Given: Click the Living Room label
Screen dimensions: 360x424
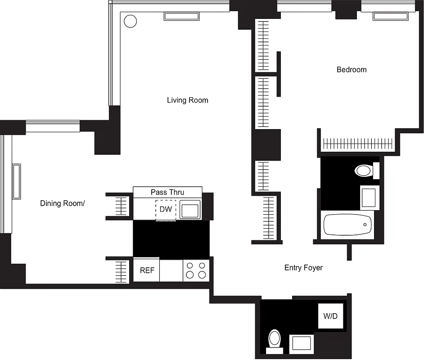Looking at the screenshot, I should (187, 100).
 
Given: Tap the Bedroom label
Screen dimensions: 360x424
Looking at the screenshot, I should (352, 69).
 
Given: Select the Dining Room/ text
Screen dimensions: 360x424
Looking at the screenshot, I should (62, 203).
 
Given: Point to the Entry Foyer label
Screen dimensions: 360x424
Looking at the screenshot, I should (303, 268).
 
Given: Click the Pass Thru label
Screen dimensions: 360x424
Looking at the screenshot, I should (167, 192).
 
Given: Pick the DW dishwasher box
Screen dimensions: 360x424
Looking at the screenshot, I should (166, 210).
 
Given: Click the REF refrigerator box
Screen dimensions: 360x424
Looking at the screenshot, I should (147, 270).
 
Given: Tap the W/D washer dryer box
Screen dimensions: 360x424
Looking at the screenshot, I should (330, 316).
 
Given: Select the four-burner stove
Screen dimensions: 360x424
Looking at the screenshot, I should (196, 270).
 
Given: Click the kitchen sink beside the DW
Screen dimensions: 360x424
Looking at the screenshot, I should (191, 210).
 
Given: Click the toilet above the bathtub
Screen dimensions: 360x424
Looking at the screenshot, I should (364, 171).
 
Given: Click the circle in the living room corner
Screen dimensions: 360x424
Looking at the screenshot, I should (130, 21).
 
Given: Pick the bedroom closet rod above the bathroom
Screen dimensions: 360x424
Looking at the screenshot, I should (358, 144).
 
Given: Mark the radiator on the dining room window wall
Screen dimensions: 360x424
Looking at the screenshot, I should (17, 181).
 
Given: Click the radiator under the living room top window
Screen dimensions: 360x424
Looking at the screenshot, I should (181, 17).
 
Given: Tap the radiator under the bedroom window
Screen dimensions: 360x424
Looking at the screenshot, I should (390, 17).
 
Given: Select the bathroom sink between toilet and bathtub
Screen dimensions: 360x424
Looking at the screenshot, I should (368, 198).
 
